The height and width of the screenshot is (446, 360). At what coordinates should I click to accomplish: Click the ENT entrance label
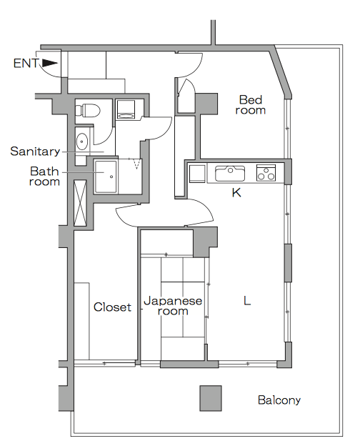[26, 63]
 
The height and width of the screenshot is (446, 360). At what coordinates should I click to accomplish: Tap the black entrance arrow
[50, 63]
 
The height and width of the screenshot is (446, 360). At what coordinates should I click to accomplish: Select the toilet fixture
[88, 110]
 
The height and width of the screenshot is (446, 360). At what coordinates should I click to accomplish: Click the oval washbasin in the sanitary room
[82, 142]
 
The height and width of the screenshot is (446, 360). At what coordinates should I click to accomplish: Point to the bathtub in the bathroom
[106, 177]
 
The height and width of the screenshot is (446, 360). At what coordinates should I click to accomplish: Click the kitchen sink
[230, 173]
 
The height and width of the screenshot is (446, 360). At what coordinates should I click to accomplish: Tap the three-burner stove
[266, 173]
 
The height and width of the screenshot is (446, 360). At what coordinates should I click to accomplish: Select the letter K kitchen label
[236, 192]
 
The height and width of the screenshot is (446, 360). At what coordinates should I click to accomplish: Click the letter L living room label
[247, 300]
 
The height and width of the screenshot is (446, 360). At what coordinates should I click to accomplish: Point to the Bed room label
[251, 105]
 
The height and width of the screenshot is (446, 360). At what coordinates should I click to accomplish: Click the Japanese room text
[173, 306]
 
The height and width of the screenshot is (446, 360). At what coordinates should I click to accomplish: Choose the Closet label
[112, 307]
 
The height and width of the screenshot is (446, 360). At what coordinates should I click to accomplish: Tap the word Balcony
[279, 400]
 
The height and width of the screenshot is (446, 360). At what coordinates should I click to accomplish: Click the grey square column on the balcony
[211, 398]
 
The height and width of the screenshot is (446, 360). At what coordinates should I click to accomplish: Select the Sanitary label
[35, 152]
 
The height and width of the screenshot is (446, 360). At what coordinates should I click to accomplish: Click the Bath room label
[45, 177]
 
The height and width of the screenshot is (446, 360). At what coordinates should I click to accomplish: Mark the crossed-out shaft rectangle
[80, 203]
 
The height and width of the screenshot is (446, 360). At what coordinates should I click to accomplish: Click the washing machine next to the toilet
[126, 109]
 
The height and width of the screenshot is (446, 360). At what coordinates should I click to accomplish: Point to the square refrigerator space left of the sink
[197, 174]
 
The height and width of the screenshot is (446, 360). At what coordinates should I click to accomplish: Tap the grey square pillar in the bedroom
[206, 104]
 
